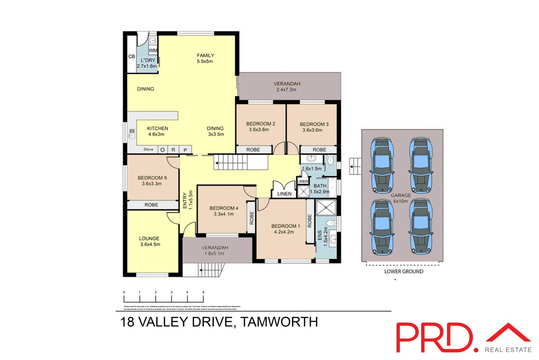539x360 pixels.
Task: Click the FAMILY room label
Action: pyautogui.click(x=205, y=55)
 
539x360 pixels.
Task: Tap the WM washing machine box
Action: pyautogui.click(x=153, y=51)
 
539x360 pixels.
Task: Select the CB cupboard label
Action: pyautogui.click(x=132, y=56)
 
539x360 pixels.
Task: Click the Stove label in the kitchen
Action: pyautogui.click(x=148, y=149)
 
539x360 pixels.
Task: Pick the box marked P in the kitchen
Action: pyautogui.click(x=185, y=150)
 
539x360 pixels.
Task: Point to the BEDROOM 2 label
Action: pyautogui.click(x=260, y=124)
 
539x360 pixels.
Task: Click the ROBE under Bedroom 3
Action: pyautogui.click(x=319, y=150)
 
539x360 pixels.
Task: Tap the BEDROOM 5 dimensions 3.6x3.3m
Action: pyautogui.click(x=152, y=184)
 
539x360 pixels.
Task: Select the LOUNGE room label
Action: pyautogui.click(x=149, y=238)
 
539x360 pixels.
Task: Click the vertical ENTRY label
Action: pyautogui.click(x=185, y=201)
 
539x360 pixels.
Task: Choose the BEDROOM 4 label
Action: pyautogui.click(x=224, y=208)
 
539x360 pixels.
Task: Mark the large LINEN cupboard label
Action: pyautogui.click(x=284, y=194)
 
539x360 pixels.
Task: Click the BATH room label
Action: pyautogui.click(x=320, y=186)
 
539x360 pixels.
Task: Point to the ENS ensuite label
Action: pyautogui.click(x=320, y=235)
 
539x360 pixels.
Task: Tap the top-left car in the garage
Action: pyautogui.click(x=382, y=165)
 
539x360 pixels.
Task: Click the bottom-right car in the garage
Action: pyautogui.click(x=420, y=227)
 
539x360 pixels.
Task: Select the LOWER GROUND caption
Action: pyautogui.click(x=404, y=271)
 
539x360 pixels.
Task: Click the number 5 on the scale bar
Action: pyautogui.click(x=203, y=292)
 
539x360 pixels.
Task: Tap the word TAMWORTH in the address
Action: pyautogui.click(x=279, y=322)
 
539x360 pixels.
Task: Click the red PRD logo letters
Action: pyautogui.click(x=435, y=338)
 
